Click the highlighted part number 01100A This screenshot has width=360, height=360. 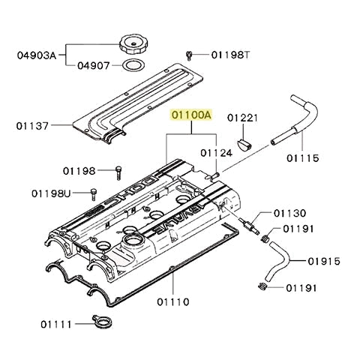pos(192,115)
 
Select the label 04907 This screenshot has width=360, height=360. pos(93,64)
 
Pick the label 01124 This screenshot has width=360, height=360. pos(215,153)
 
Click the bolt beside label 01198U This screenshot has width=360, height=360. pos(93,193)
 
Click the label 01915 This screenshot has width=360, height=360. pos(325,261)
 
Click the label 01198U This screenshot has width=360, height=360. pos(51,193)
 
